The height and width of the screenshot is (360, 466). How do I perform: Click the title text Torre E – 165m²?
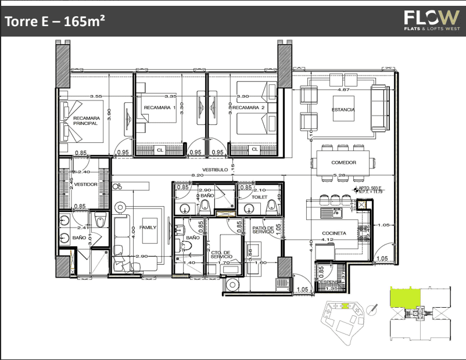pos(55,22)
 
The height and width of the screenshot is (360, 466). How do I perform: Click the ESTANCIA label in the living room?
pos(343,110)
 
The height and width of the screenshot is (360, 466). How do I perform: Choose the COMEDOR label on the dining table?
pos(343,163)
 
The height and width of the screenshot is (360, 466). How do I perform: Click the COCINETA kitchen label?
pos(334,233)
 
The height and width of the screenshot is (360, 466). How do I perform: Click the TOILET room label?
pos(260,197)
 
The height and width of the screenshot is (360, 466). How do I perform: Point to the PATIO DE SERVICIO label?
pos(263,231)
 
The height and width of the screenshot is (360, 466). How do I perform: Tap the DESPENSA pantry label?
pos(329,282)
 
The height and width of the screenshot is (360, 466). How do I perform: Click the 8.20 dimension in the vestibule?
pos(198,175)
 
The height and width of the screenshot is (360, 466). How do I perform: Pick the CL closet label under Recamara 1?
pos(160,150)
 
